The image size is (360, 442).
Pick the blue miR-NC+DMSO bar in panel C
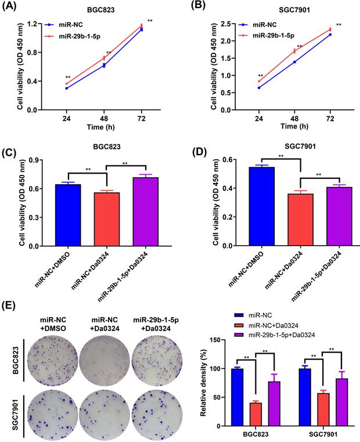click(x=67, y=215)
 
